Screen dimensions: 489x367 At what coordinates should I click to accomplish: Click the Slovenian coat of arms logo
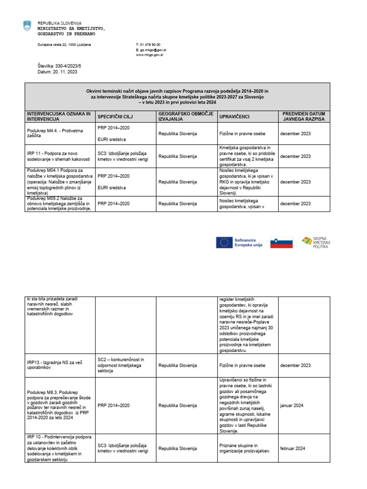tap(27, 26)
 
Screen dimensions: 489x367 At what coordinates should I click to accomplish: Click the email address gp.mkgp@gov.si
tap(152, 50)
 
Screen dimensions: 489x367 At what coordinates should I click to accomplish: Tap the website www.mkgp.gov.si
tap(150, 55)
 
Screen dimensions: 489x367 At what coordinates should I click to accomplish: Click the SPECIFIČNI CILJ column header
tap(115, 117)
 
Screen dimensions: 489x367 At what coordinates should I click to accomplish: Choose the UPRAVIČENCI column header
tap(234, 117)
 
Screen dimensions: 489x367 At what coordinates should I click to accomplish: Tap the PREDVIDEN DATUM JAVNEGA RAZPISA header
tap(303, 117)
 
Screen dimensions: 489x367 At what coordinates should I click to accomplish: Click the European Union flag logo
tap(224, 243)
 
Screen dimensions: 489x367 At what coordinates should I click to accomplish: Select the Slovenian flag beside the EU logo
tap(281, 243)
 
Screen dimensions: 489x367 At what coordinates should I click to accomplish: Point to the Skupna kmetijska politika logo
tap(316, 243)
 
